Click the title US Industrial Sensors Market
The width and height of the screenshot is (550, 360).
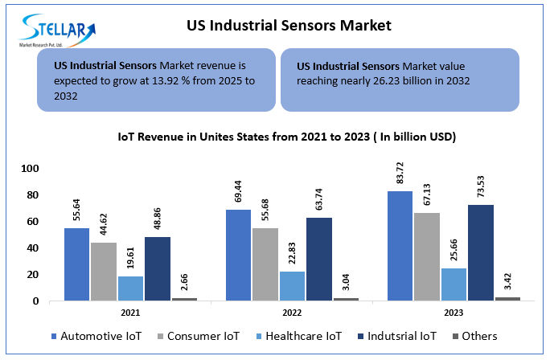click(289, 26)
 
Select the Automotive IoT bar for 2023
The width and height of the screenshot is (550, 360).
click(399, 246)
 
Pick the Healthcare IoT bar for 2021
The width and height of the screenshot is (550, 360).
click(131, 288)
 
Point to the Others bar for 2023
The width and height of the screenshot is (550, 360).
click(507, 298)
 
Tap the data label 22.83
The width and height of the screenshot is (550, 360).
click(292, 252)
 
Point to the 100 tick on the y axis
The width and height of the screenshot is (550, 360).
click(29, 169)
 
